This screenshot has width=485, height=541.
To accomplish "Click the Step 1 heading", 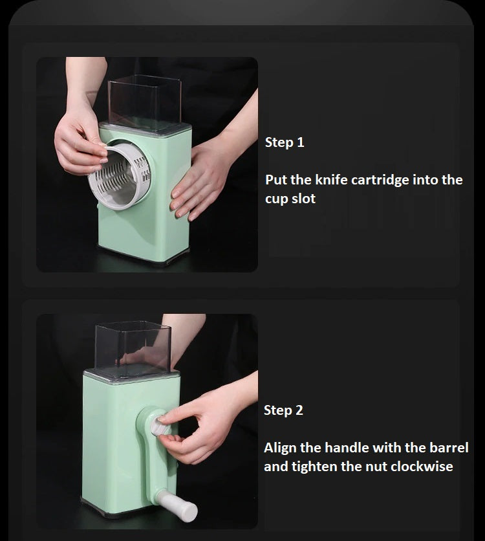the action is click(285, 142).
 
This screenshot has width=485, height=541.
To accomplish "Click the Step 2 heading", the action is click(283, 410).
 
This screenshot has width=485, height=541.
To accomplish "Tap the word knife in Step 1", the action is click(331, 180).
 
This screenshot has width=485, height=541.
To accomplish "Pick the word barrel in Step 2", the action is click(449, 448).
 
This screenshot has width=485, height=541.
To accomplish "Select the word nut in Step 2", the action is click(376, 467).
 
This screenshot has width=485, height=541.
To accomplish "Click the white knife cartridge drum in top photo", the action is click(120, 176).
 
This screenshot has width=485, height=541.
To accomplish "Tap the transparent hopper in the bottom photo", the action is click(133, 348).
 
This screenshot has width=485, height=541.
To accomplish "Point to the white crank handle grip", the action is click(177, 506).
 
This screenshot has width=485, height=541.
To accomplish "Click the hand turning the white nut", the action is click(203, 425).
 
